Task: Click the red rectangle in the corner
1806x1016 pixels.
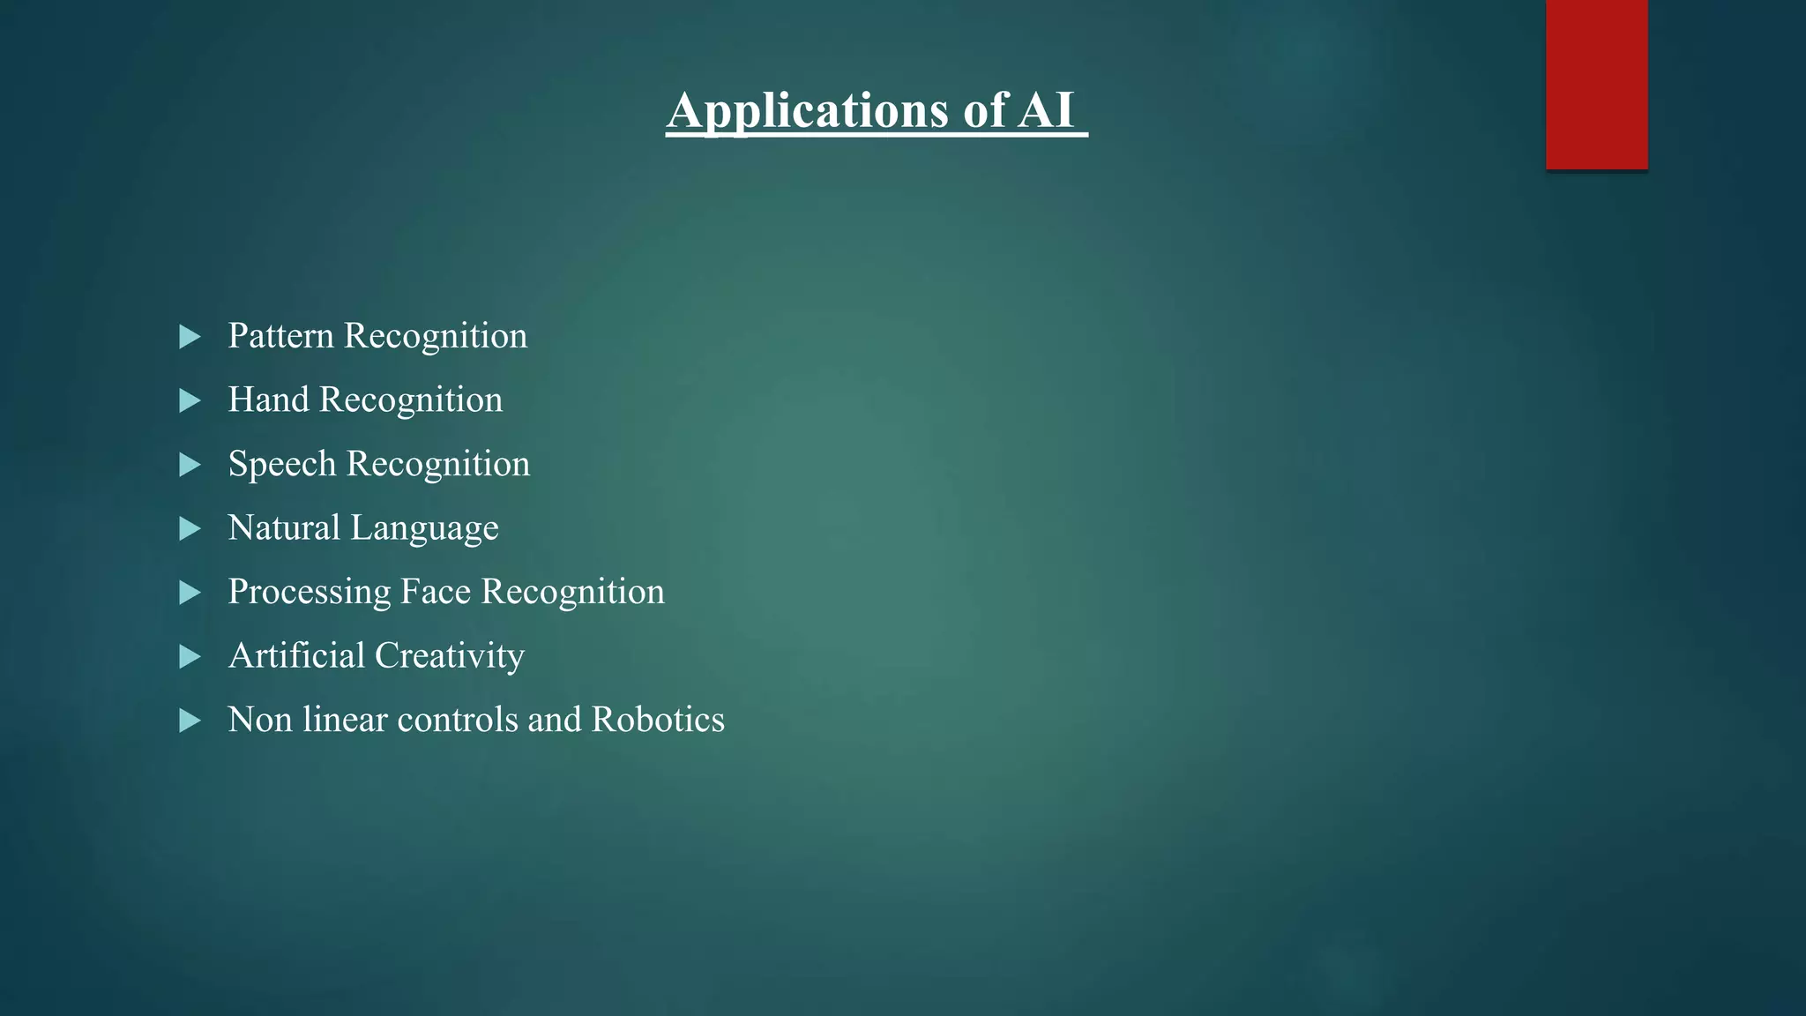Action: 1596,85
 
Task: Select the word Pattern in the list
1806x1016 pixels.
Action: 280,336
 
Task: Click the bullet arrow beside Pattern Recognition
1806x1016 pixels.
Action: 190,337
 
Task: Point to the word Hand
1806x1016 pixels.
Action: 268,400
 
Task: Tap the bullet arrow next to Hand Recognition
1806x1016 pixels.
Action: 190,401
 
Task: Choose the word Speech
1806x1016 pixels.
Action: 282,465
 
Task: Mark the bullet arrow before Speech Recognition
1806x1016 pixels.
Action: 190,466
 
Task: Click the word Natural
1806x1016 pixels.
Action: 284,528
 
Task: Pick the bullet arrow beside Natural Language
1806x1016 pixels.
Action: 190,529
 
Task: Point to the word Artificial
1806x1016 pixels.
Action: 296,656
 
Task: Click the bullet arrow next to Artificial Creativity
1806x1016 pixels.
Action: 190,657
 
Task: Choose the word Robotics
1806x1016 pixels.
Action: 658,720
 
